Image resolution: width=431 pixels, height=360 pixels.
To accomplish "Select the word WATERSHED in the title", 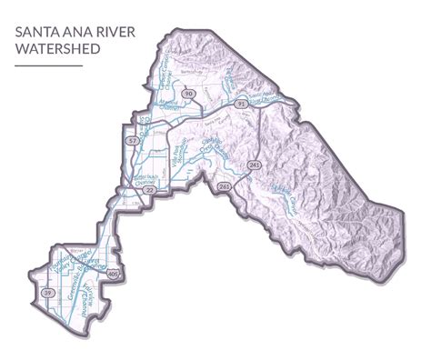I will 57,49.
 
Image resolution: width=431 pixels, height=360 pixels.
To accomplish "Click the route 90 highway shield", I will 188,94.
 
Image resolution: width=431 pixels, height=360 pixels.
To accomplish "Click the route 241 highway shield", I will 255,165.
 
